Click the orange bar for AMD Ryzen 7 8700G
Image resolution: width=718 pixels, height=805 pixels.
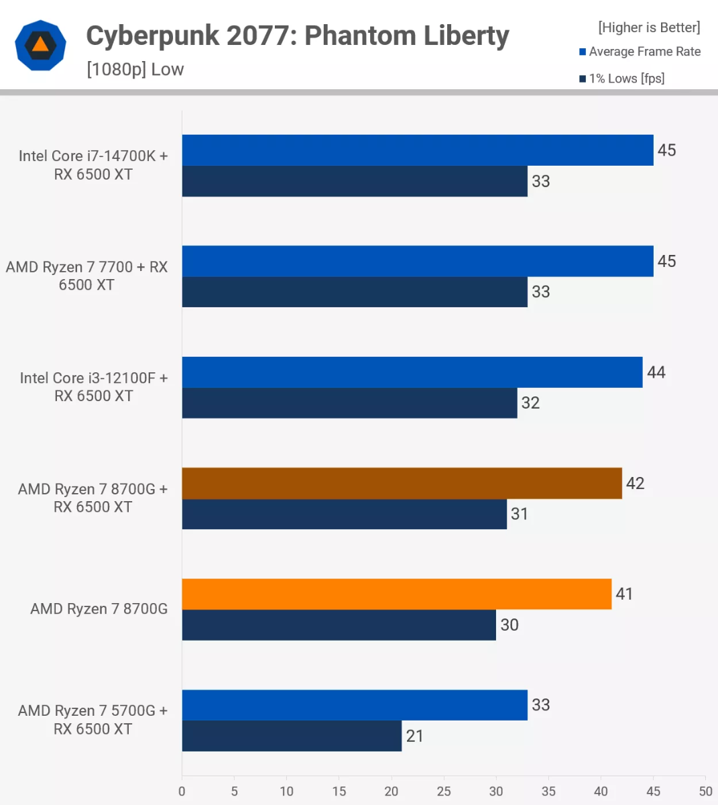click(396, 594)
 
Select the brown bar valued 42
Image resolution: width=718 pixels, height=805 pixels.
click(402, 483)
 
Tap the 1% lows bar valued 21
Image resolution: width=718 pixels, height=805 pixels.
click(292, 736)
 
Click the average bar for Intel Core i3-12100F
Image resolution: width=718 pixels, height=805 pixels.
click(412, 372)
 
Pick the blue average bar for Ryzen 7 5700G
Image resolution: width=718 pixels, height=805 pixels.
click(355, 705)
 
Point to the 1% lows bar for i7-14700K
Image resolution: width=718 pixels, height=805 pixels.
click(355, 181)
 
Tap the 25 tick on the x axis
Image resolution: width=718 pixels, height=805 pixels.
click(444, 791)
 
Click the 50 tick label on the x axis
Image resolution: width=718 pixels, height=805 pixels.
click(705, 791)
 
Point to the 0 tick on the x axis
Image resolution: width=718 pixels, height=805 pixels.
click(182, 791)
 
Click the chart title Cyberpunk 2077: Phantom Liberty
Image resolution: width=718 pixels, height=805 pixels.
click(298, 36)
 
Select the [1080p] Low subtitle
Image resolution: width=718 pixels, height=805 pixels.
click(135, 69)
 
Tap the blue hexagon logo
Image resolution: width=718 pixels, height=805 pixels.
click(40, 45)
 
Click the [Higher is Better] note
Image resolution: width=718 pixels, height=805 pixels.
click(649, 28)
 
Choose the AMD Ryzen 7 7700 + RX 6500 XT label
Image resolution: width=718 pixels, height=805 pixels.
click(87, 276)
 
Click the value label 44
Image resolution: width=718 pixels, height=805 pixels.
click(656, 372)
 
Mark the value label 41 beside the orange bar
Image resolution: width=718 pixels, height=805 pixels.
click(624, 594)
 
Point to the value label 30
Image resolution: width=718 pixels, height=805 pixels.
click(510, 625)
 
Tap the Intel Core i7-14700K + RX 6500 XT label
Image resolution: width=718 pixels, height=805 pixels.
click(93, 165)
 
